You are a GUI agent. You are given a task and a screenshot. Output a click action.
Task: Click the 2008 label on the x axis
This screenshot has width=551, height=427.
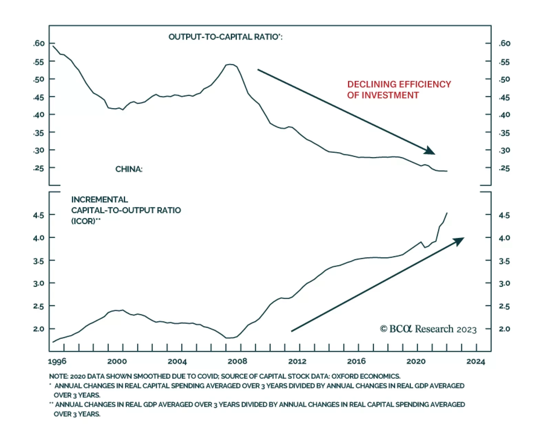(237, 361)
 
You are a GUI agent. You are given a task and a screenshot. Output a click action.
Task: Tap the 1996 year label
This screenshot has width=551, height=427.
(57, 361)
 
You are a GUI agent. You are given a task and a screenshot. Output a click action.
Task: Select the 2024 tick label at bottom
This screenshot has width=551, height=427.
(476, 361)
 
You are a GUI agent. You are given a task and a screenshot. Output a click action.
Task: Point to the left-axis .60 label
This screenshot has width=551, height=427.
(39, 43)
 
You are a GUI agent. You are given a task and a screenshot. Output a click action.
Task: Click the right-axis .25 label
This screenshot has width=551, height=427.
(504, 168)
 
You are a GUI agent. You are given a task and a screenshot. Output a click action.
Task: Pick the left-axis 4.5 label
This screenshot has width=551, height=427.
(39, 215)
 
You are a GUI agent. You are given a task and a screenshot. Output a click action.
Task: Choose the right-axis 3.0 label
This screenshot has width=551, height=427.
(504, 283)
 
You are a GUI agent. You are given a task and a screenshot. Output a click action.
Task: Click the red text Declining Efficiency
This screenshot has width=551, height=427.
(399, 84)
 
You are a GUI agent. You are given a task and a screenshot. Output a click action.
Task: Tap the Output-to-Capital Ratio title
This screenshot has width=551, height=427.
(225, 37)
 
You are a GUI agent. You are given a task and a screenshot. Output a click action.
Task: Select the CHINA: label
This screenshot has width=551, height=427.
(128, 169)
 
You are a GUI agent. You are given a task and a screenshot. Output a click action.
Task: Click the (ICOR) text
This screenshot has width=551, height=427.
(83, 221)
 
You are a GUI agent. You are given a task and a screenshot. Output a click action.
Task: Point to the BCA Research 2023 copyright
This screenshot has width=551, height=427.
(428, 329)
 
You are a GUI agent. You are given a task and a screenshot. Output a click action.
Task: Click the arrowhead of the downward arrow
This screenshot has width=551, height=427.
(430, 150)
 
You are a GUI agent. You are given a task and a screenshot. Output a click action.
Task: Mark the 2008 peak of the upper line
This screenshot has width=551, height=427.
(230, 64)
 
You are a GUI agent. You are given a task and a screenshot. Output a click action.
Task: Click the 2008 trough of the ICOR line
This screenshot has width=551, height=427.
(229, 338)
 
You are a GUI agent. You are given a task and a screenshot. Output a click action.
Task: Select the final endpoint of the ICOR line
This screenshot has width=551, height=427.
(447, 213)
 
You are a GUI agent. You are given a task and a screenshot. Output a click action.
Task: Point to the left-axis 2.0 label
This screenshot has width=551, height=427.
(39, 329)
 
